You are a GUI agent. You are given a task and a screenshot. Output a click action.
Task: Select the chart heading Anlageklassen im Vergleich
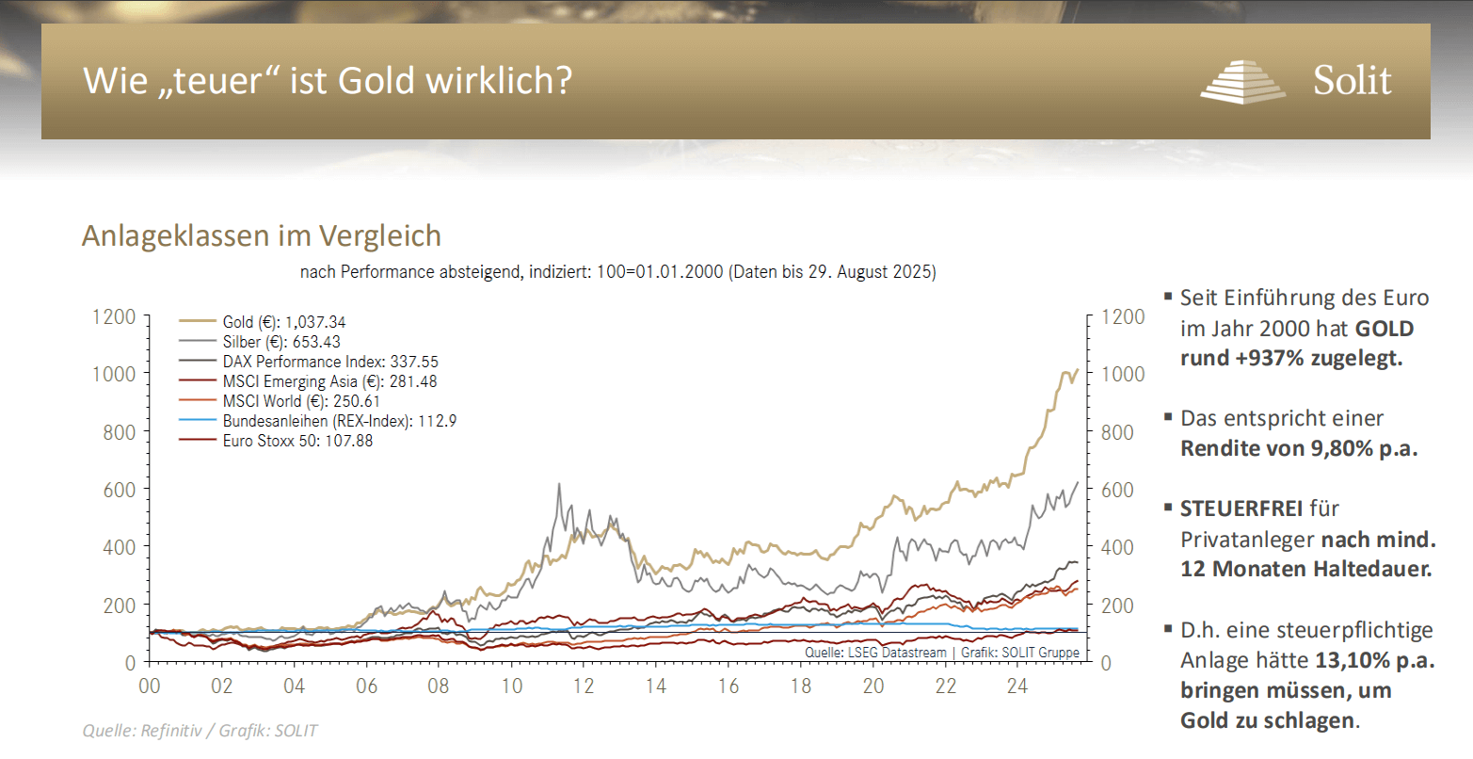(261, 234)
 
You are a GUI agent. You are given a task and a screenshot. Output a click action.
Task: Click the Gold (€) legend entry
(283, 322)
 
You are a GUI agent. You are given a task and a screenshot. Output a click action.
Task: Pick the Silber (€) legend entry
(281, 342)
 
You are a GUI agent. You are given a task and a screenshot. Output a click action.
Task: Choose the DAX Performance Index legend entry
(329, 362)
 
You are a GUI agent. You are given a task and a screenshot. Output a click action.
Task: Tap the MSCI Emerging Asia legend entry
(329, 381)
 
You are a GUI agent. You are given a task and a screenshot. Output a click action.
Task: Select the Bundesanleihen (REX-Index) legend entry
(339, 421)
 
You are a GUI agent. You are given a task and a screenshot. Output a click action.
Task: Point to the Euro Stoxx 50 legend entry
(297, 440)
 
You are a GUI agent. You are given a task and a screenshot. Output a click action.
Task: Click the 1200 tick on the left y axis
(114, 316)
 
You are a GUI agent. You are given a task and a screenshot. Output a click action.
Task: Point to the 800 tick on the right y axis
(1123, 432)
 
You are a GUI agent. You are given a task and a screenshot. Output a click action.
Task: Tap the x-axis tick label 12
(584, 686)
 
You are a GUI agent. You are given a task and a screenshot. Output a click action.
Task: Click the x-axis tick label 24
(1017, 686)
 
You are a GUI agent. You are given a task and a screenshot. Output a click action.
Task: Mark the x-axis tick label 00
(150, 686)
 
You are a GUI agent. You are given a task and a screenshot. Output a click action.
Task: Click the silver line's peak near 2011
(559, 485)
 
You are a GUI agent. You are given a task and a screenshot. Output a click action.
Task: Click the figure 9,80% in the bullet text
(1343, 448)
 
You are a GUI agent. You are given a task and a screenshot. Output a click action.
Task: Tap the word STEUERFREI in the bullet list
(1241, 509)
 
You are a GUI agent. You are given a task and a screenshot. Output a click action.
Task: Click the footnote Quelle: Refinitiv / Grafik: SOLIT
(200, 731)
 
